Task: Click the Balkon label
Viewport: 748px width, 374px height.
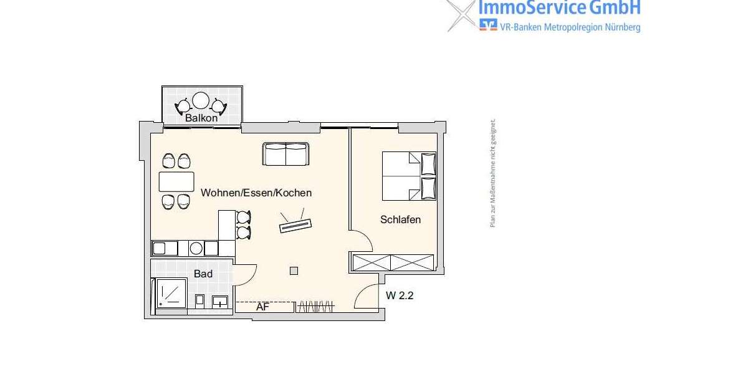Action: tap(201, 117)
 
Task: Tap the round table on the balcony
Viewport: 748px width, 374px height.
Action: tap(201, 100)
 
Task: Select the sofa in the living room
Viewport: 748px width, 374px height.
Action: tap(285, 154)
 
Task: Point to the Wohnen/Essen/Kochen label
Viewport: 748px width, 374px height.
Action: tap(256, 193)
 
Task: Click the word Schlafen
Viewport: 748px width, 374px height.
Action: tap(400, 219)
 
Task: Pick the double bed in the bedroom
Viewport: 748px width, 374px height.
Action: tap(408, 176)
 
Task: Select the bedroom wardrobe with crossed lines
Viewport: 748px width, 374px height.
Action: tap(393, 262)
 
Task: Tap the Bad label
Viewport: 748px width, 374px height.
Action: tap(203, 274)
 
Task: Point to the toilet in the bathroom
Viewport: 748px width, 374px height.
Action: tap(200, 301)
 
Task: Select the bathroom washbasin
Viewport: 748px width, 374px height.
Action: tap(219, 302)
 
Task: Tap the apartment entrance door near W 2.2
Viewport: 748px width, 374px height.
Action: tap(367, 297)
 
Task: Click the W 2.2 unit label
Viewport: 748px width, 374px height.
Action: tap(400, 296)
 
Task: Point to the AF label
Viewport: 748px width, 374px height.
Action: tap(262, 307)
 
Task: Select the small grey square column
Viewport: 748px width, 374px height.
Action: tap(294, 271)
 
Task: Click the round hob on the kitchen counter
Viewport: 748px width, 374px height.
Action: tap(196, 248)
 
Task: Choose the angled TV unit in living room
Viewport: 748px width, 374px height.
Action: tap(295, 224)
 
